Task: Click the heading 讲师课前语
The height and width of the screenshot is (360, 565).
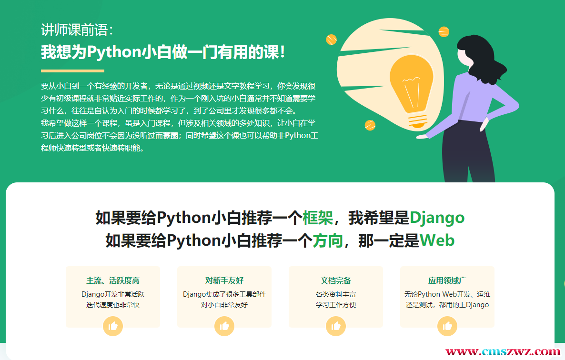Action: coord(77,30)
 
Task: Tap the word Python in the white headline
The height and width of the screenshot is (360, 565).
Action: coord(114,52)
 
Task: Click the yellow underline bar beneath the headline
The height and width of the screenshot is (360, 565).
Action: coord(72,71)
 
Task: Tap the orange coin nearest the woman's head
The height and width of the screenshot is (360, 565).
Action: coord(444,32)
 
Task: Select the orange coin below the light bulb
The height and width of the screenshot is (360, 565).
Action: coord(370,125)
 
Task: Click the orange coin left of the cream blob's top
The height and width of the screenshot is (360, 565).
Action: coord(331,39)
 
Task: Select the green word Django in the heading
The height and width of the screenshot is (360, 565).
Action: coord(437,218)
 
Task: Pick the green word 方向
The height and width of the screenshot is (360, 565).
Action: coord(328,240)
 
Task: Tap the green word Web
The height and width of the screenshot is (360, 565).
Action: coord(437,240)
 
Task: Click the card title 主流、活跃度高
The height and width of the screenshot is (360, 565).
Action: coord(113,280)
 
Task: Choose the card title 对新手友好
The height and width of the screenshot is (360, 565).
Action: coord(224,280)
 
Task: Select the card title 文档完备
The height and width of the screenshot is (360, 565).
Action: coord(336,280)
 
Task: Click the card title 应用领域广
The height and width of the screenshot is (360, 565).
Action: coord(447,280)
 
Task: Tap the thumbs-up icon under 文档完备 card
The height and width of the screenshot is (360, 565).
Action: coord(336,326)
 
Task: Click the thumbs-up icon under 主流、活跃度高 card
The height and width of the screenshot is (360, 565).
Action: coord(113,326)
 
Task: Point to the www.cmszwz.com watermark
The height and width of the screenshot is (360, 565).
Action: coord(503,352)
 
